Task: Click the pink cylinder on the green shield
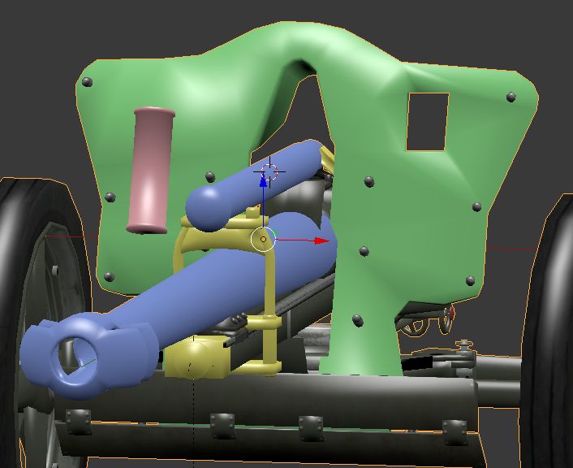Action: (150, 171)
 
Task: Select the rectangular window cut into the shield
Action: (427, 122)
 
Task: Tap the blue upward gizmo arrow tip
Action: (263, 180)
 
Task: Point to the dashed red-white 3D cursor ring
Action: (271, 171)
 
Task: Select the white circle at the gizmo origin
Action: (263, 240)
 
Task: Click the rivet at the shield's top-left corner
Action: (88, 82)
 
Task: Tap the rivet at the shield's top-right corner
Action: (511, 97)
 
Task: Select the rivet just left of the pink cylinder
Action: (110, 197)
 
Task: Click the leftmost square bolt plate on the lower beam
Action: (78, 421)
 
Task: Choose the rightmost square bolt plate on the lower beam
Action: (454, 429)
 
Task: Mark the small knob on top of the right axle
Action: (464, 347)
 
